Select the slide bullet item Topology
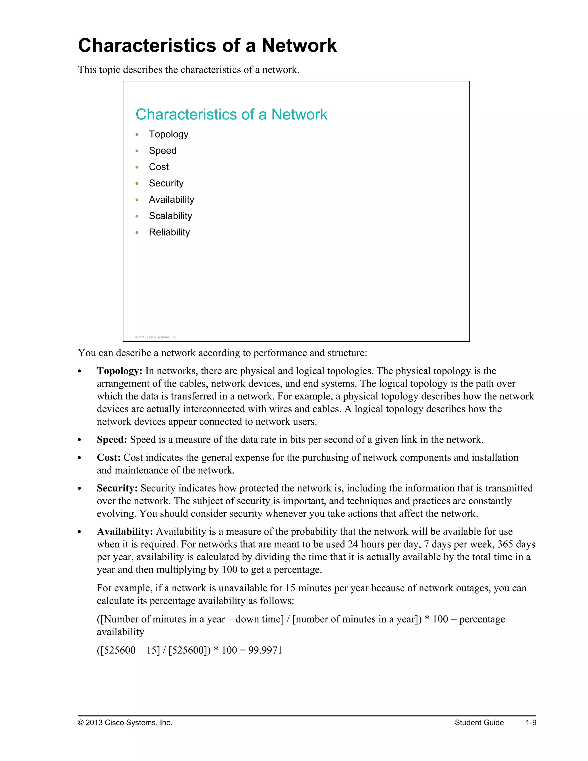(168, 134)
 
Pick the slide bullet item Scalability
(170, 216)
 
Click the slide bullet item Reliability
(169, 232)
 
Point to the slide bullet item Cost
(158, 167)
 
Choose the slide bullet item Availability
(171, 199)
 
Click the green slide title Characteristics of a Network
(231, 114)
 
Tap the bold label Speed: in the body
(112, 439)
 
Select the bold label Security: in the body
(117, 488)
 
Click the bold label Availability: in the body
(125, 531)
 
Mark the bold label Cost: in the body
(109, 457)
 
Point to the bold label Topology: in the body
(119, 371)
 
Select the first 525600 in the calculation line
(119, 650)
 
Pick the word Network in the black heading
(299, 46)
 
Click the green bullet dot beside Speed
(137, 151)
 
